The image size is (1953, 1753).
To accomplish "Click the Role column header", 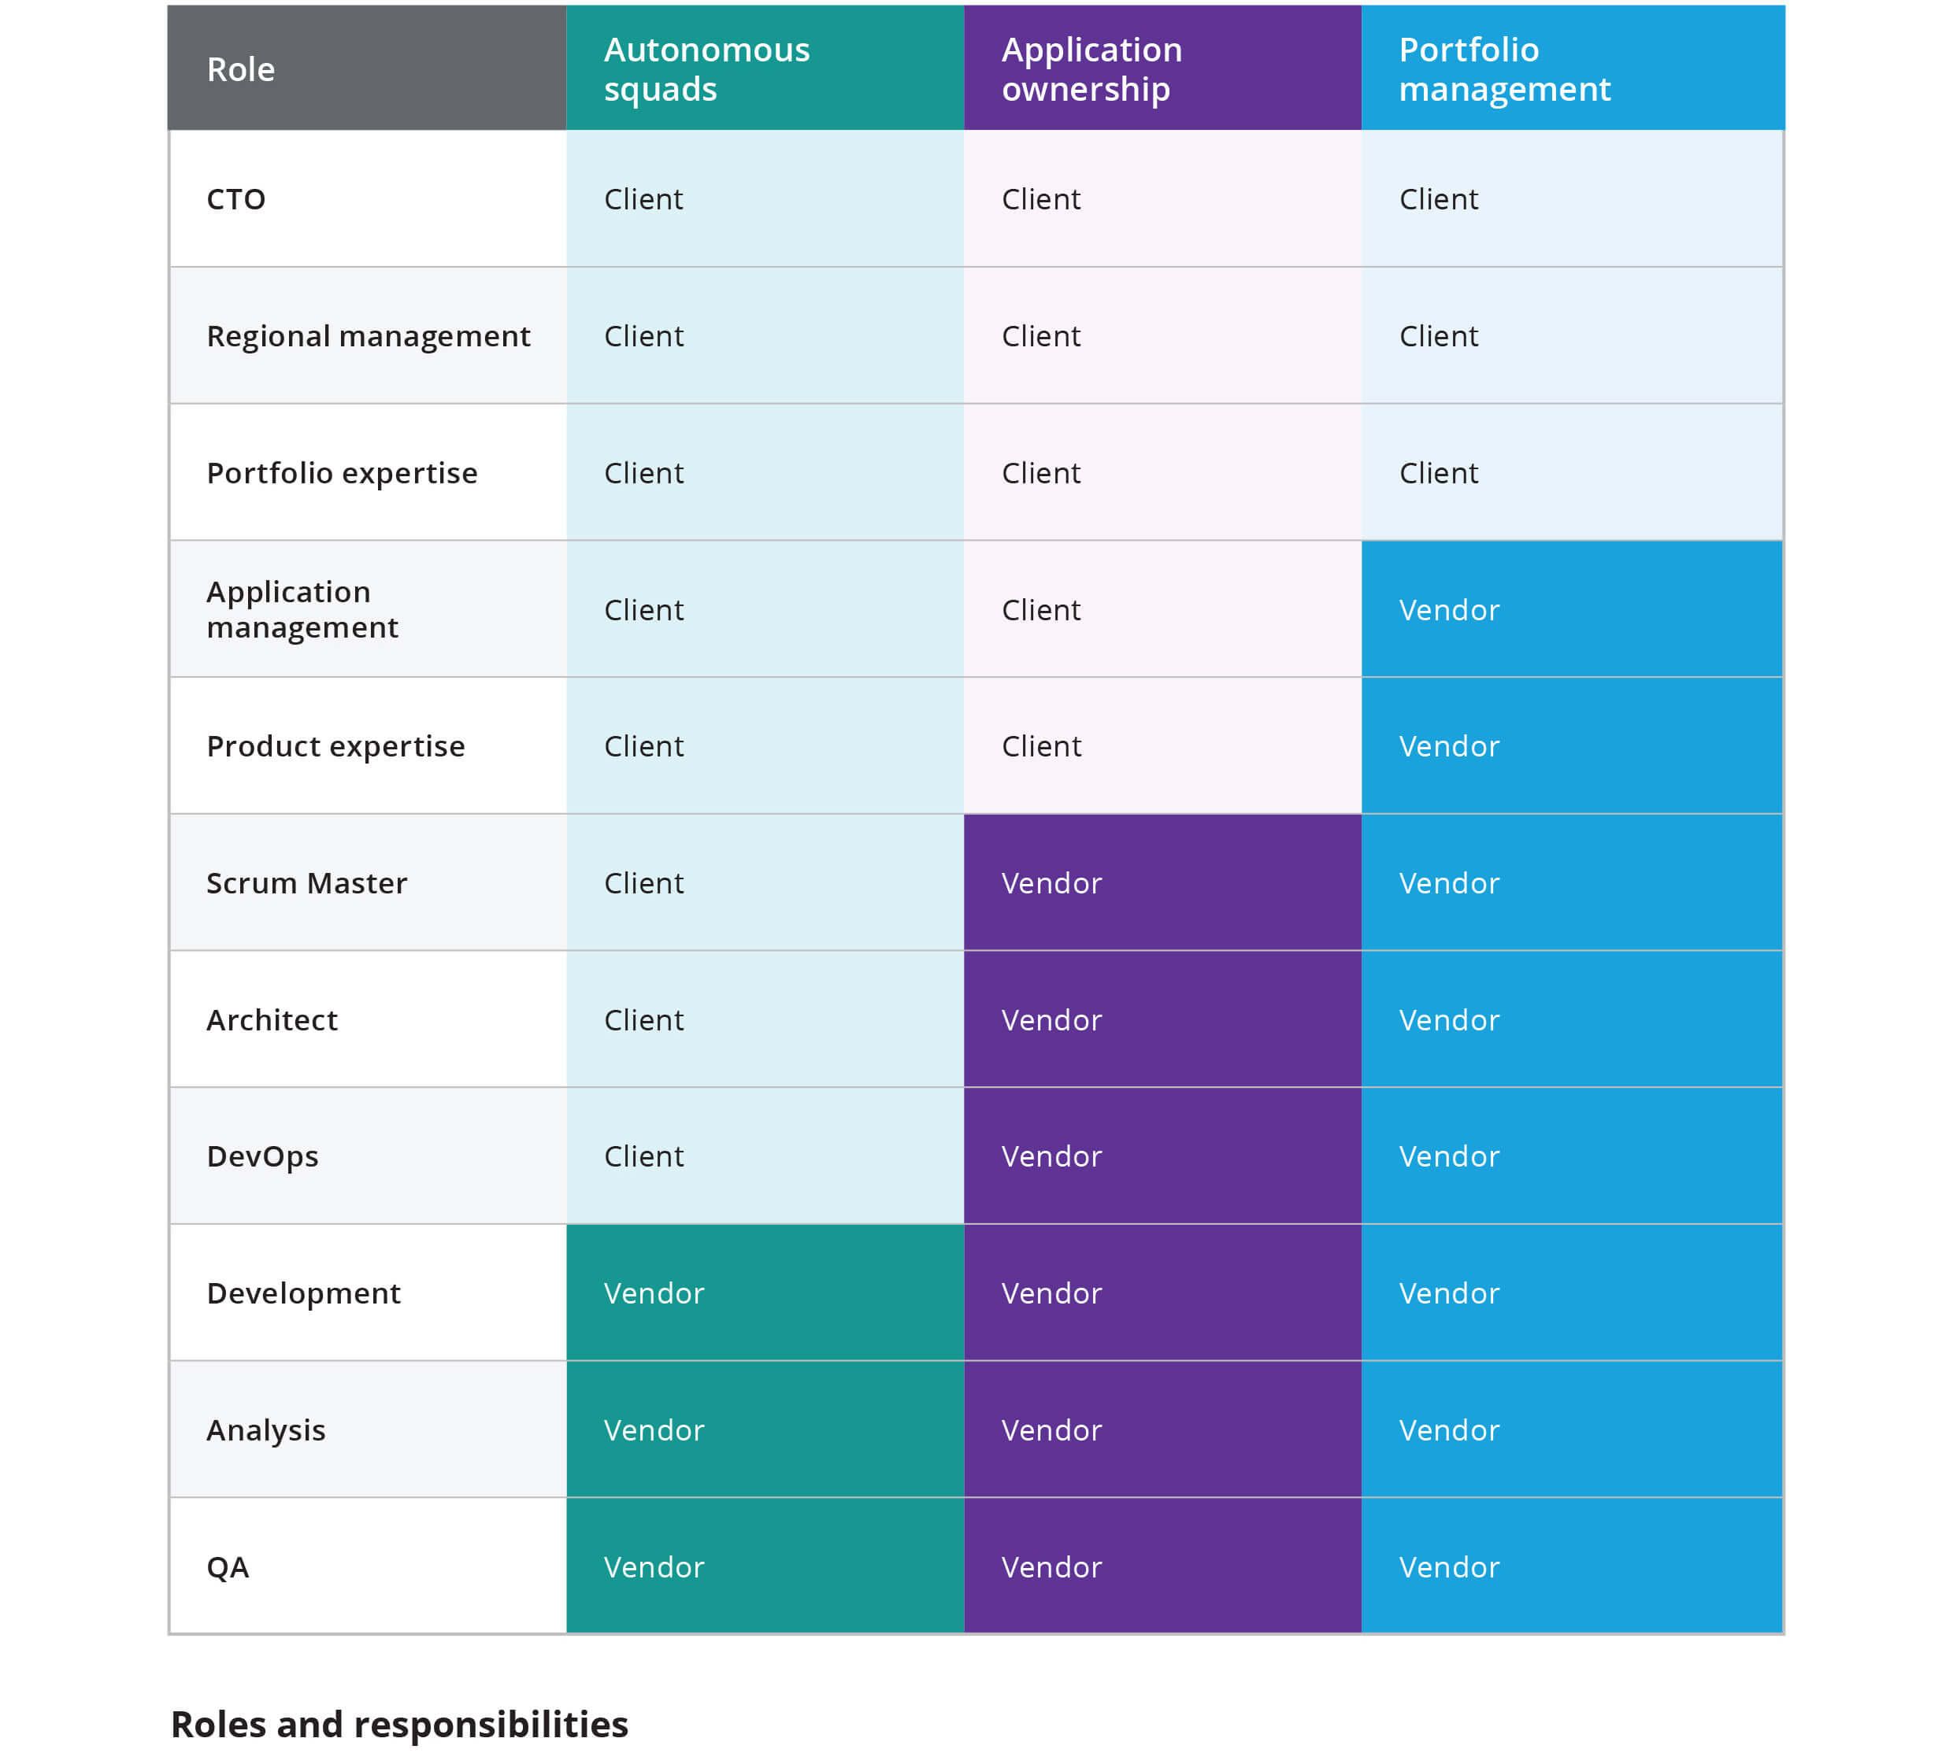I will pos(241,69).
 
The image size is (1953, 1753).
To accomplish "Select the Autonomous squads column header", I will pos(706,69).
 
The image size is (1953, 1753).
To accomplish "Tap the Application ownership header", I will pos(1091,69).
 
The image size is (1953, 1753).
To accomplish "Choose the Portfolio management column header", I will pos(1503,69).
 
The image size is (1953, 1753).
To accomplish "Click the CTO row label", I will pos(236,199).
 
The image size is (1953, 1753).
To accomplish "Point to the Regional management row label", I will pos(368,336).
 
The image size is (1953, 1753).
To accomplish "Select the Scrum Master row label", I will pos(306,883).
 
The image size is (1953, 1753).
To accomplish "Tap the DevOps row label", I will pos(262,1156).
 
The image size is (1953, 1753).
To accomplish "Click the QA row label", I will pos(228,1567).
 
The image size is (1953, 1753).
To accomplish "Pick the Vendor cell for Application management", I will pos(1448,610).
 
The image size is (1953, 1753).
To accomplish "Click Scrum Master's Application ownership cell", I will pos(1051,883).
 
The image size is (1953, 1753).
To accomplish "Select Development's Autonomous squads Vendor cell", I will pos(654,1293).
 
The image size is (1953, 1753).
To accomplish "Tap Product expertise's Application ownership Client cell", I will pos(1040,746).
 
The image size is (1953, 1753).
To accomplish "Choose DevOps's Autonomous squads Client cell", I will pos(643,1156).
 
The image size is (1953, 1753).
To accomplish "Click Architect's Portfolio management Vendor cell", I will pos(1448,1020).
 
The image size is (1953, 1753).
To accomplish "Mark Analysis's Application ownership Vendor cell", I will pos(1051,1430).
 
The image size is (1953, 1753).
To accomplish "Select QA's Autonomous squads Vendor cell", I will pos(654,1567).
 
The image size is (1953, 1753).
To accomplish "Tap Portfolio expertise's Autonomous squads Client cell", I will pos(643,473).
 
